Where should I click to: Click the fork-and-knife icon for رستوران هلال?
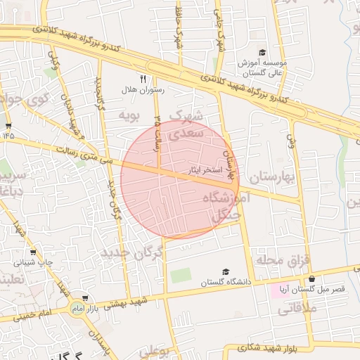pyautogui.click(x=143, y=79)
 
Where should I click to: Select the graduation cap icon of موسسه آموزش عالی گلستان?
pyautogui.click(x=262, y=53)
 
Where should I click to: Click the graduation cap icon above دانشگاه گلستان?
pyautogui.click(x=225, y=271)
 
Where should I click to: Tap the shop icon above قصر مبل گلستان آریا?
pyautogui.click(x=311, y=278)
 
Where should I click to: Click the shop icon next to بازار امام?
pyautogui.click(x=86, y=298)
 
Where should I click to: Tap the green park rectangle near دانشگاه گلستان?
pyautogui.click(x=181, y=275)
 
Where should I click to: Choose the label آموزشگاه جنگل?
pyautogui.click(x=226, y=207)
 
